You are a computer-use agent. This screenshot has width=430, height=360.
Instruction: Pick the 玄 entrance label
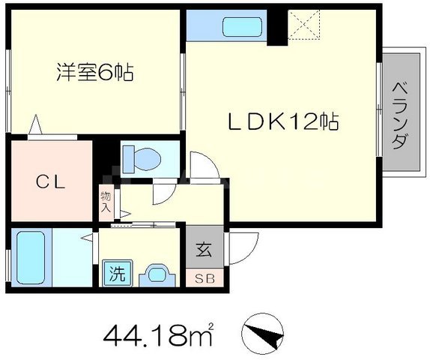(204, 248)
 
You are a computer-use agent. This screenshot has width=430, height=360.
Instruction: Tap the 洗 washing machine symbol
(116, 273)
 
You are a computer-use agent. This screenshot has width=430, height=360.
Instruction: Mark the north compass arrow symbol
(264, 331)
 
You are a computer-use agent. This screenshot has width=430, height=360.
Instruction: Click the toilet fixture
(142, 158)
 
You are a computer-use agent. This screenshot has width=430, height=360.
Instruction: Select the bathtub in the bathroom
(31, 257)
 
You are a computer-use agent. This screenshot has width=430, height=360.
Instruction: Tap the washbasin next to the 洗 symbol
(155, 273)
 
